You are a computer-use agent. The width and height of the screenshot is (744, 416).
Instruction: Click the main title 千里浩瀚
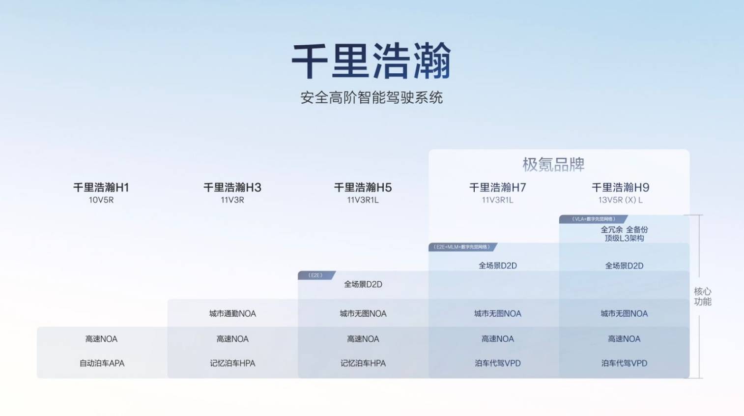pyautogui.click(x=372, y=61)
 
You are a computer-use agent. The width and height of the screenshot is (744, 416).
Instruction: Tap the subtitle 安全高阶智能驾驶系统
pyautogui.click(x=372, y=97)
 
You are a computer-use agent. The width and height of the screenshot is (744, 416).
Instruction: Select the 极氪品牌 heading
pyautogui.click(x=553, y=164)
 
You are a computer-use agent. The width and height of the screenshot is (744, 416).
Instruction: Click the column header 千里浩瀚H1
pyautogui.click(x=101, y=187)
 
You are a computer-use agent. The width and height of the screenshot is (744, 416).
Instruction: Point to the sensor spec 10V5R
pyautogui.click(x=101, y=200)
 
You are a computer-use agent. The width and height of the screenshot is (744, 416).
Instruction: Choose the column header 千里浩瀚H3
pyautogui.click(x=232, y=187)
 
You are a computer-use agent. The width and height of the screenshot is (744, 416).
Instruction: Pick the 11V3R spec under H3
pyautogui.click(x=232, y=200)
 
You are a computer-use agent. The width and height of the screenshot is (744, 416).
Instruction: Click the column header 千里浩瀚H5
pyautogui.click(x=363, y=187)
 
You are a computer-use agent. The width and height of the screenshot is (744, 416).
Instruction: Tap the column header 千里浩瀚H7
pyautogui.click(x=498, y=187)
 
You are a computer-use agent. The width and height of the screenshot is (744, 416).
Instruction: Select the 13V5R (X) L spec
pyautogui.click(x=620, y=200)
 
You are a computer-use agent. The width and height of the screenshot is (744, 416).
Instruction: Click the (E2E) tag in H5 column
pyautogui.click(x=315, y=275)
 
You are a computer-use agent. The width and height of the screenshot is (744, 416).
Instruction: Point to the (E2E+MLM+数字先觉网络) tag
pyautogui.click(x=461, y=247)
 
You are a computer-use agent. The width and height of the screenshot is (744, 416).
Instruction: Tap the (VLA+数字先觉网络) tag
pyautogui.click(x=593, y=219)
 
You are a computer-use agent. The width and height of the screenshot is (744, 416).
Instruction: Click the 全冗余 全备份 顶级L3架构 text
pyautogui.click(x=624, y=234)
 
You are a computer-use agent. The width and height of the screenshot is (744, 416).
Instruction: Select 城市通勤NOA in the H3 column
pyautogui.click(x=232, y=314)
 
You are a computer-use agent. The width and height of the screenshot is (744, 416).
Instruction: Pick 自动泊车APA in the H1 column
pyautogui.click(x=102, y=363)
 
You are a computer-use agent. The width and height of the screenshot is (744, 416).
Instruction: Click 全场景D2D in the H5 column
pyautogui.click(x=363, y=284)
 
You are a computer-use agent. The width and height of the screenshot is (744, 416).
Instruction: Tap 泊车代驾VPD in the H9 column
pyautogui.click(x=624, y=363)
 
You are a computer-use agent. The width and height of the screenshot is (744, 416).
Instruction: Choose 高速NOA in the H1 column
pyautogui.click(x=101, y=339)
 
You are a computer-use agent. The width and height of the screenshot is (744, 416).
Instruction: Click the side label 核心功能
pyautogui.click(x=702, y=297)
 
